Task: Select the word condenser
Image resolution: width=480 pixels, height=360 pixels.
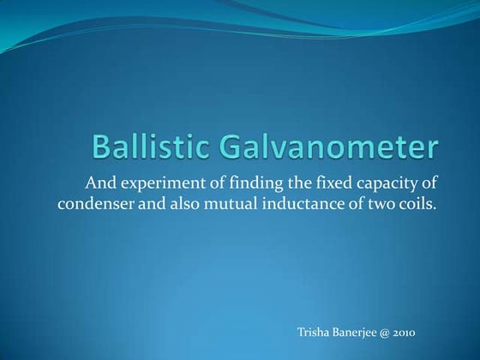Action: pyautogui.click(x=95, y=204)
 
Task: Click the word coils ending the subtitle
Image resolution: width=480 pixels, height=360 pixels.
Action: pyautogui.click(x=421, y=204)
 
